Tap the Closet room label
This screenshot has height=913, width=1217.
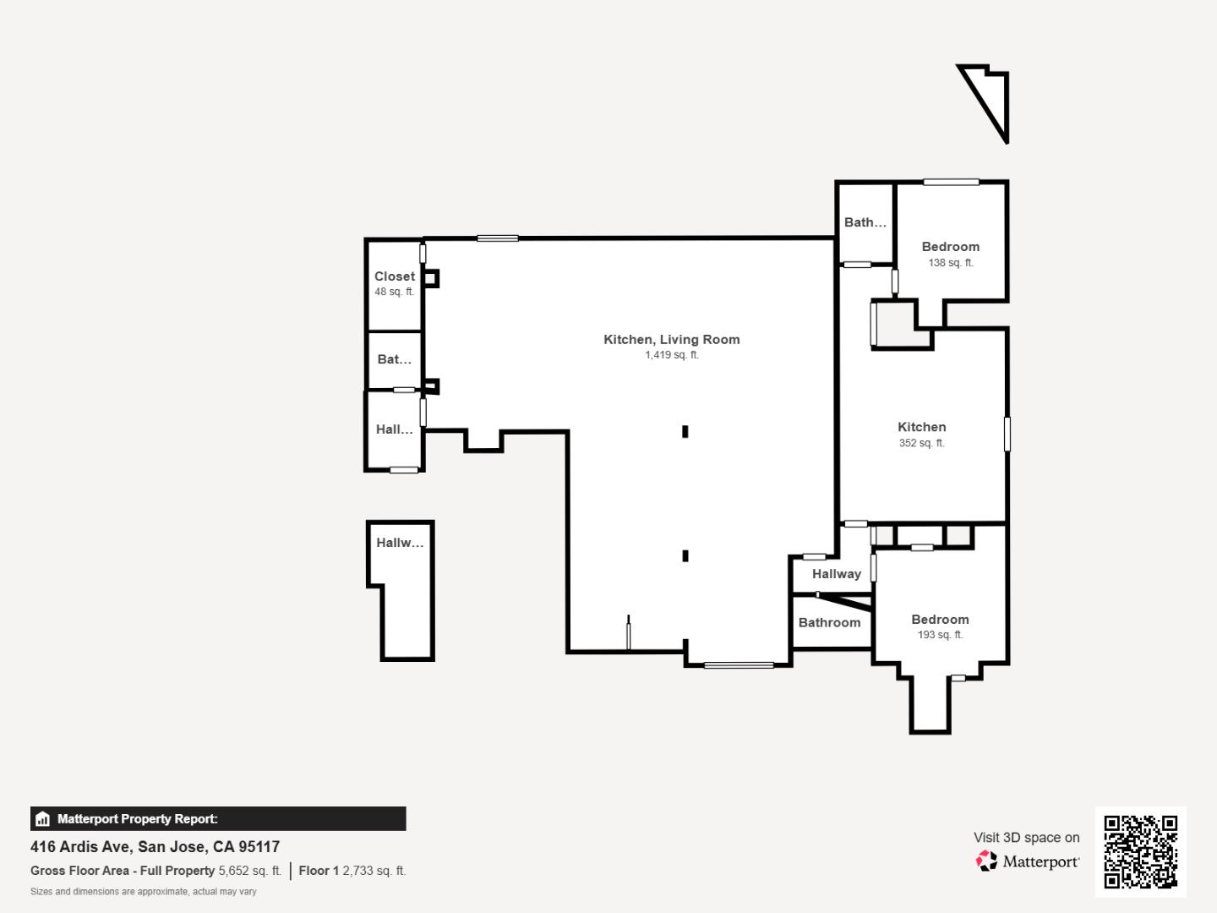(395, 276)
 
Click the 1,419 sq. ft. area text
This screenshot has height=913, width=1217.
(672, 355)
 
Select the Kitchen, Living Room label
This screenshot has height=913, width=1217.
(671, 339)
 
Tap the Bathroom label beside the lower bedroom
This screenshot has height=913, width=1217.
(829, 622)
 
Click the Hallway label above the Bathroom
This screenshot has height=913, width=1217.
(836, 574)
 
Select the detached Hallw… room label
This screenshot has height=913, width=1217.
(400, 543)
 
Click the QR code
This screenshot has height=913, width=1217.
(1140, 851)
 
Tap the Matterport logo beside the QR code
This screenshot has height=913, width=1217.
(1028, 861)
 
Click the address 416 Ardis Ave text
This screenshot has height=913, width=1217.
(155, 846)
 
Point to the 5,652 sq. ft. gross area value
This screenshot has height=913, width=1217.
(249, 871)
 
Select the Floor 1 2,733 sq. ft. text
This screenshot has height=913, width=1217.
(352, 871)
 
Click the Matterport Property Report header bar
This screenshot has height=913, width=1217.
(218, 818)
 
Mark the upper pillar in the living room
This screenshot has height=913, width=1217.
(685, 432)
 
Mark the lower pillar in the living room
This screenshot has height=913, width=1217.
(685, 555)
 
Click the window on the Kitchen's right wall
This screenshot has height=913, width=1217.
(1007, 434)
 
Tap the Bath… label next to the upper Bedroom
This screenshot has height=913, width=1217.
(865, 222)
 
